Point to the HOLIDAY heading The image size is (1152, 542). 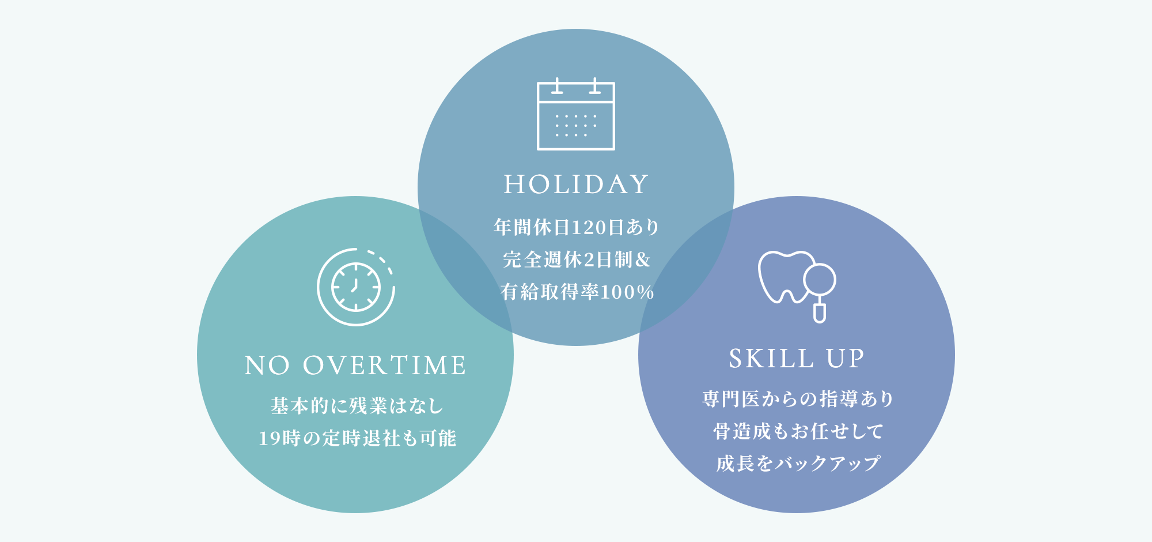pos(576,185)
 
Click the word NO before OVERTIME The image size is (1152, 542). pos(267,366)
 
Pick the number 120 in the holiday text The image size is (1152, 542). pos(589,228)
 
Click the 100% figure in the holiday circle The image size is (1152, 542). pos(627,292)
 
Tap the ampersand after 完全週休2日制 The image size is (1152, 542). pos(642,260)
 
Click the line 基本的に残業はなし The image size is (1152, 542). pos(357,406)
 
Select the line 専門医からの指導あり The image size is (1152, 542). pos(798,399)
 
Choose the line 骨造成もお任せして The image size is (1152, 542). pos(798,431)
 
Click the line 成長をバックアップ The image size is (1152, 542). pos(798,464)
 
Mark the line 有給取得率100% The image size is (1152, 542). pos(577,292)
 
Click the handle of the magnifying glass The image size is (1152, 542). pos(820,313)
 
